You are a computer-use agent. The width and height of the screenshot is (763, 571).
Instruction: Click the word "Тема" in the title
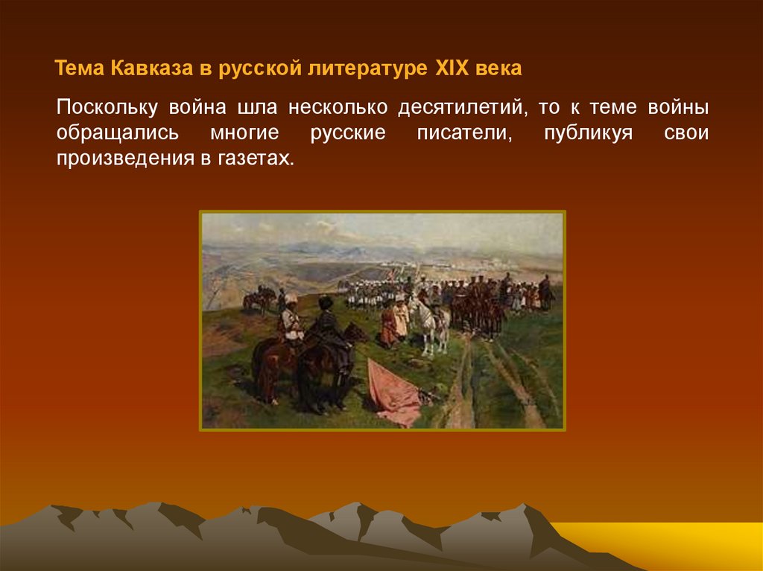click(x=79, y=68)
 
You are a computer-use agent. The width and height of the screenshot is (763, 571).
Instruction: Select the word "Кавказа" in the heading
click(x=152, y=68)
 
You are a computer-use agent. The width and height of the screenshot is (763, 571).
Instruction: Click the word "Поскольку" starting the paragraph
click(x=107, y=107)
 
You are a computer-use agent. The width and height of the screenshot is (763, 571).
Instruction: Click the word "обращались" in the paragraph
click(x=117, y=133)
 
